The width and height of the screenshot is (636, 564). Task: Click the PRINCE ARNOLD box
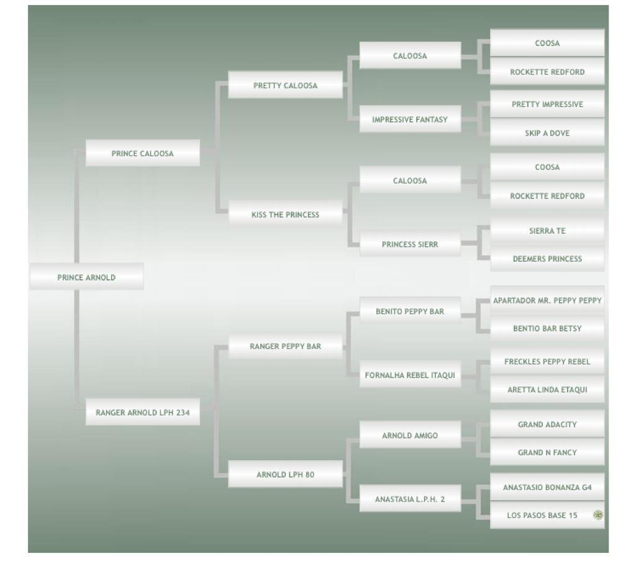pyautogui.click(x=86, y=277)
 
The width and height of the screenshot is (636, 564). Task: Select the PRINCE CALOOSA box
pyautogui.click(x=142, y=154)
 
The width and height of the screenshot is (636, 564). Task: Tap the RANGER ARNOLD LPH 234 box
pyautogui.click(x=142, y=412)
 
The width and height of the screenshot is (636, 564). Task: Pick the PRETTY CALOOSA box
pyautogui.click(x=285, y=86)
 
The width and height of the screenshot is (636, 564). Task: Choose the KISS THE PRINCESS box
pyautogui.click(x=285, y=215)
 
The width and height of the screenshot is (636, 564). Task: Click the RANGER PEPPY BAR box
pyautogui.click(x=285, y=346)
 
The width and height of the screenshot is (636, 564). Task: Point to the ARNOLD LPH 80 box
pyautogui.click(x=285, y=474)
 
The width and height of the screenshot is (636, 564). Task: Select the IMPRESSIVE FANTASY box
pyautogui.click(x=410, y=119)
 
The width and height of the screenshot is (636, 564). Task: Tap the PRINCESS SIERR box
pyautogui.click(x=410, y=244)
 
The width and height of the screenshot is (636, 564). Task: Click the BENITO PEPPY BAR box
pyautogui.click(x=410, y=312)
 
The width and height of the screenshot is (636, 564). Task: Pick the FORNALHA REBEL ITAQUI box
pyautogui.click(x=410, y=375)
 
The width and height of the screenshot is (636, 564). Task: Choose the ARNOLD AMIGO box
pyautogui.click(x=410, y=435)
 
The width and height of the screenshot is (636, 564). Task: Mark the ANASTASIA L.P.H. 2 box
pyautogui.click(x=410, y=499)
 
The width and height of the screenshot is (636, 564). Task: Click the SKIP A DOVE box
pyautogui.click(x=547, y=133)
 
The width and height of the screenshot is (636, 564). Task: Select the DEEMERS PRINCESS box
pyautogui.click(x=547, y=259)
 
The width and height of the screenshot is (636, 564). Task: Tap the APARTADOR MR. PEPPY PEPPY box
pyautogui.click(x=547, y=300)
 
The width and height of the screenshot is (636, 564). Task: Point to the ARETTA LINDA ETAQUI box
pyautogui.click(x=547, y=390)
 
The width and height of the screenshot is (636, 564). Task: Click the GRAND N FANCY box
pyautogui.click(x=547, y=453)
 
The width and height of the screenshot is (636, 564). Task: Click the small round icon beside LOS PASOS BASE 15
pyautogui.click(x=597, y=515)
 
